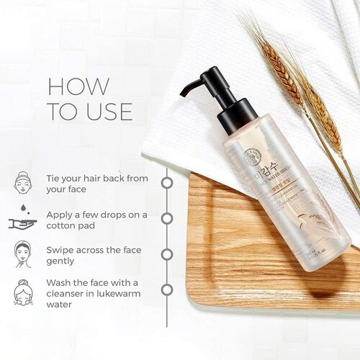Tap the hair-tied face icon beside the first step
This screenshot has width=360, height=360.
coord(23,181)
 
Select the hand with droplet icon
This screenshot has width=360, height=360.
coord(23,219)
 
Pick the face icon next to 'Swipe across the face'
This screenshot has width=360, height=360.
coord(23,254)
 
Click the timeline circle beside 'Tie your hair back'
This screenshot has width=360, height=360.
coord(166,182)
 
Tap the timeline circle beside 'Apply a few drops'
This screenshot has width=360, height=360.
coord(166,217)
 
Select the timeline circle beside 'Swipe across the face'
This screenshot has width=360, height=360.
coord(166,253)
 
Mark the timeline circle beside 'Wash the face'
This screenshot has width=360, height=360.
coord(166,289)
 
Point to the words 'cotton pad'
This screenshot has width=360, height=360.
coord(75,227)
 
